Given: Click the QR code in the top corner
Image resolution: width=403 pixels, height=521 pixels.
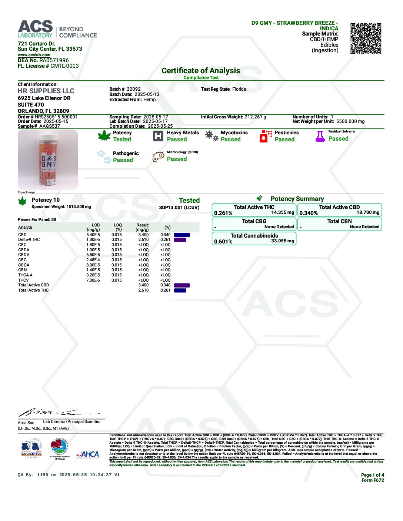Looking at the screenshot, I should (366, 38).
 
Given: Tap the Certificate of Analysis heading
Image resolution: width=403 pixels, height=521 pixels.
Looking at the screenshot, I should (201, 71).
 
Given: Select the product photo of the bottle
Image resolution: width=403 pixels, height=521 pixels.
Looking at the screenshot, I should (48, 159).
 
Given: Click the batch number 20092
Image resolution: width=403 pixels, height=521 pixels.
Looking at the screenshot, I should (134, 89).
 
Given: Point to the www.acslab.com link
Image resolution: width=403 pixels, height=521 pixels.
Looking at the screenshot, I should (34, 55).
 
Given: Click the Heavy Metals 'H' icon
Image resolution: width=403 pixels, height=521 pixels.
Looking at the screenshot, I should (158, 136).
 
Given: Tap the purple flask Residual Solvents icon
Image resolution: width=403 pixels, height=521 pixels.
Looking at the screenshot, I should (320, 136).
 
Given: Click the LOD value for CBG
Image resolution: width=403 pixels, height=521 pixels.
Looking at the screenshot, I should (93, 260).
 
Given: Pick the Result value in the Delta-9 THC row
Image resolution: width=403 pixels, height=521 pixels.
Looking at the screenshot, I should (143, 240).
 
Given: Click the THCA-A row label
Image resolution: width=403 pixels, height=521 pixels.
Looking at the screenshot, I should (26, 275).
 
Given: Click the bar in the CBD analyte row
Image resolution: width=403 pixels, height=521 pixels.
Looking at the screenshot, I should (182, 235).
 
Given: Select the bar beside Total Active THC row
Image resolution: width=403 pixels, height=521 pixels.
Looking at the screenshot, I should (180, 290).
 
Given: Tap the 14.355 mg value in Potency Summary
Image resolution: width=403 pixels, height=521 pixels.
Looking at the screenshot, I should (283, 213).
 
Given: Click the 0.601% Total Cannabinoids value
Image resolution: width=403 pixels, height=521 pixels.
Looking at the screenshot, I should (223, 242).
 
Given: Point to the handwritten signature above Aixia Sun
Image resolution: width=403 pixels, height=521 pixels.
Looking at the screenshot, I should (56, 412).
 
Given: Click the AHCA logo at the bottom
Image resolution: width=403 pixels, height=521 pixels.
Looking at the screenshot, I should (88, 454).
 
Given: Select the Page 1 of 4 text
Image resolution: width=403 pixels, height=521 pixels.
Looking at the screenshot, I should (372, 475).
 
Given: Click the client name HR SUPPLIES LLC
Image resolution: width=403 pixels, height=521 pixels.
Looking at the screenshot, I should (46, 91).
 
